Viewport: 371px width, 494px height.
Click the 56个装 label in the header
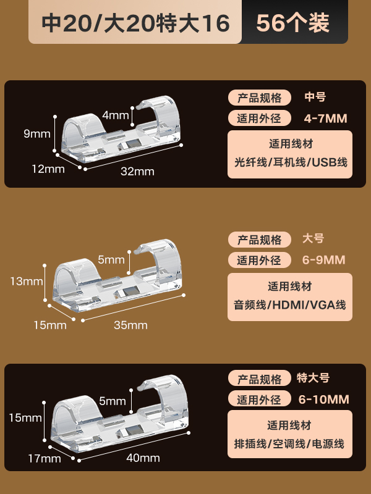point(292,23)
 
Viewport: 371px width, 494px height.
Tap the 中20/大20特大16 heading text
point(135,23)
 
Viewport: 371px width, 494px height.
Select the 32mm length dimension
point(137,171)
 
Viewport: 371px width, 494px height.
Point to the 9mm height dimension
point(36,133)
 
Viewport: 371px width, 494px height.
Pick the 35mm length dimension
point(130,325)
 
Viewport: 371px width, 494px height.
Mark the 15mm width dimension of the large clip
point(49,325)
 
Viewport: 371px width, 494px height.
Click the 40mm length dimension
point(143,458)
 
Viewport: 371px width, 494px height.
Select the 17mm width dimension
point(44,458)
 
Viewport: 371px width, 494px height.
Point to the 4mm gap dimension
point(115,115)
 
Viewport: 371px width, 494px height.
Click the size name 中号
point(315,97)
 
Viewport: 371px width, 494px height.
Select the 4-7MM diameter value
point(326,118)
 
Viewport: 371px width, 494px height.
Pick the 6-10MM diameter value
point(323,399)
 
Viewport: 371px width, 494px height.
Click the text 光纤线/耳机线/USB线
point(290,163)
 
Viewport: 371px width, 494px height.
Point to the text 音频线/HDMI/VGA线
point(289,304)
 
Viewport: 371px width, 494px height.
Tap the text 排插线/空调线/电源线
point(289,443)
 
